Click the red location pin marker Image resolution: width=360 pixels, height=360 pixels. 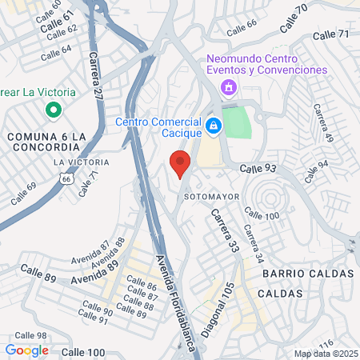tap(180, 162)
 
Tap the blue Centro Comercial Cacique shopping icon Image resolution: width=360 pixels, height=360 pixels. tap(214, 126)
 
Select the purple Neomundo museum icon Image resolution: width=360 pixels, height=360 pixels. tap(230, 86)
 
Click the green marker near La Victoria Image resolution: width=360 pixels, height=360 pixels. tap(54, 110)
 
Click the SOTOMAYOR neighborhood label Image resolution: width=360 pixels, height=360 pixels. tap(212, 195)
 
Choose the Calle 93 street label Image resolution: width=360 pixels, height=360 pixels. tap(258, 169)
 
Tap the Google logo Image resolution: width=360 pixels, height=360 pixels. tap(27, 350)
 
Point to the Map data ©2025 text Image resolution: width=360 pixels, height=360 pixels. tap(326, 354)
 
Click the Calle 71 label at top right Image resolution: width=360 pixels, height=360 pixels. tap(331, 35)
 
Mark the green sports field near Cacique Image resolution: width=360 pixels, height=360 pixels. tap(236, 122)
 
